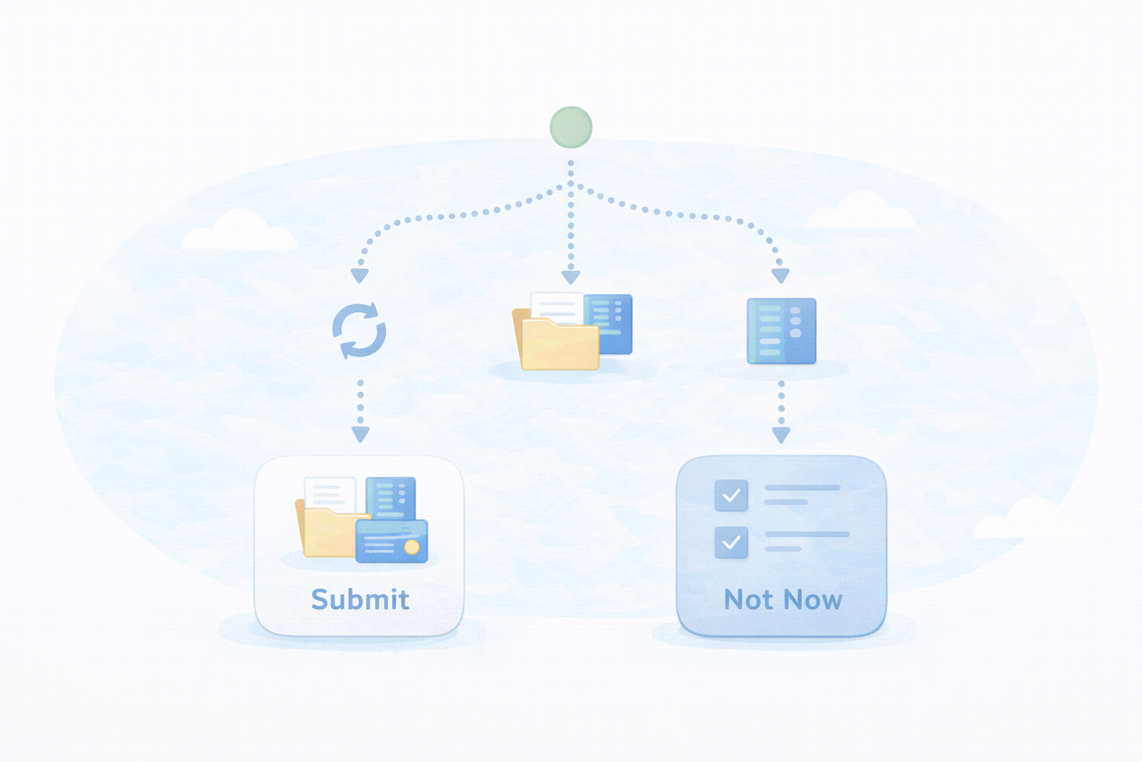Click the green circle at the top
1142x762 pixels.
tap(571, 127)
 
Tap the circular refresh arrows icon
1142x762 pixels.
tap(359, 330)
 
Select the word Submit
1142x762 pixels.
tap(360, 600)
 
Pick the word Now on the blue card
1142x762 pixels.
tap(813, 600)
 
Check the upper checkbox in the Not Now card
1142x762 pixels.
tap(731, 496)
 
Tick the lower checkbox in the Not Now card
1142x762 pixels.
tap(731, 542)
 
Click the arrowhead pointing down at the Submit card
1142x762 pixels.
tap(361, 435)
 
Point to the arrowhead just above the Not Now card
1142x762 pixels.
tap(781, 435)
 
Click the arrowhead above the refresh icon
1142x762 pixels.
tap(360, 276)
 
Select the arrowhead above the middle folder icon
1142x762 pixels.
tap(571, 278)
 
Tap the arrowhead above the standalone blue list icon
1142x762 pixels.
tap(780, 276)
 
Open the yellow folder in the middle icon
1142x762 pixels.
tap(560, 346)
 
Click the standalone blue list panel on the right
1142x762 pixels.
tap(781, 331)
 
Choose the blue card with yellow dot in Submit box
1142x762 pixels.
tap(391, 540)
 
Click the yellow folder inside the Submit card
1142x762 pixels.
tap(327, 534)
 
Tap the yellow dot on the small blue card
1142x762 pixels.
tap(411, 548)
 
